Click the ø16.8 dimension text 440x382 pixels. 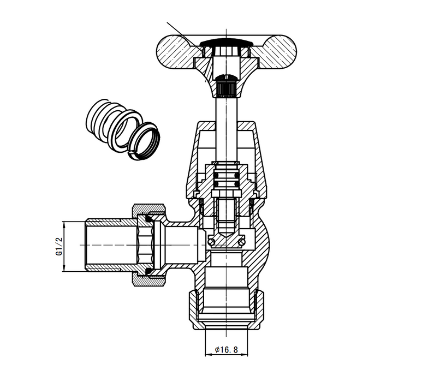pos(227,350)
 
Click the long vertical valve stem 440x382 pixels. pos(225,126)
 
